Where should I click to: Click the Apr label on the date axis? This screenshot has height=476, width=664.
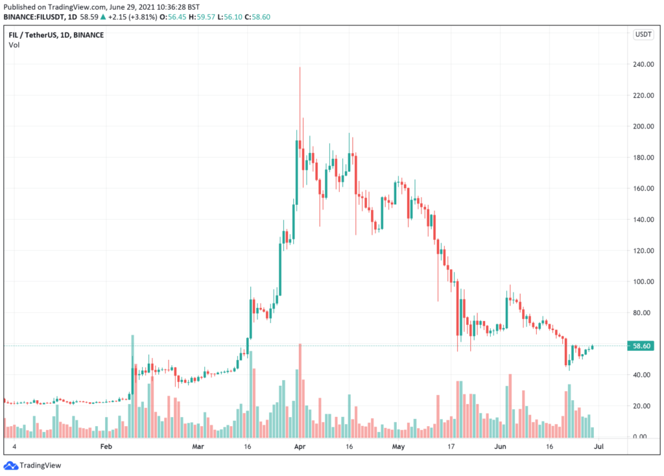[x=300, y=447]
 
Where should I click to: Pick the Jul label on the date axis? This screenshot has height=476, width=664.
[x=600, y=447]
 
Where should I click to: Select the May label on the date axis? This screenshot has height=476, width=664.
[x=398, y=447]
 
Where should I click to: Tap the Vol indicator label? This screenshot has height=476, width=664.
[x=14, y=45]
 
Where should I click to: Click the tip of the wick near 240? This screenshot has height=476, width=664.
[x=300, y=67]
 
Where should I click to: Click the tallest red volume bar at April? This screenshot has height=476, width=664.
[x=300, y=389]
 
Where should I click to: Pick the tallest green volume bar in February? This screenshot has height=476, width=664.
[x=132, y=386]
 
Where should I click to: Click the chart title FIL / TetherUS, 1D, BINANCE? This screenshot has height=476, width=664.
[x=56, y=34]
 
